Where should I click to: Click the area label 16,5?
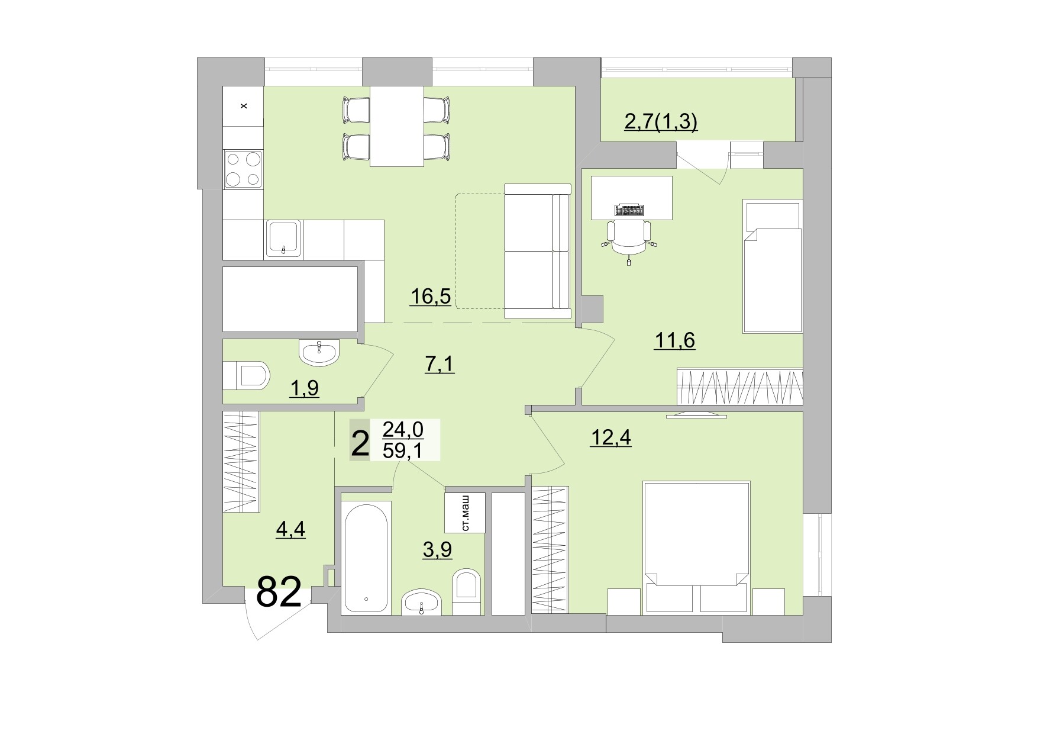point(430,296)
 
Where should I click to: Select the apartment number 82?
point(279,592)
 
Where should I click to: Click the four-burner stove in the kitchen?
point(243,169)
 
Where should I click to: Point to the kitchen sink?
point(284,238)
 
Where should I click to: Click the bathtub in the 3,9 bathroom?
point(367,557)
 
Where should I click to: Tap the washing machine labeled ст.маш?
point(465,512)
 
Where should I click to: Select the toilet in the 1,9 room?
point(248,375)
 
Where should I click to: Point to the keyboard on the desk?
point(630,210)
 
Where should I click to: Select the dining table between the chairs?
point(396,125)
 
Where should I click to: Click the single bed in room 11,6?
point(773,266)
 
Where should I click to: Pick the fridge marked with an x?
point(243,106)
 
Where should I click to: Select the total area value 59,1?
point(403,451)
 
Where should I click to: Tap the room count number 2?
point(359,444)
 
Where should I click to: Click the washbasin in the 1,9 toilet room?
point(319,353)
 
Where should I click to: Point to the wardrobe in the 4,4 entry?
point(241,462)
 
